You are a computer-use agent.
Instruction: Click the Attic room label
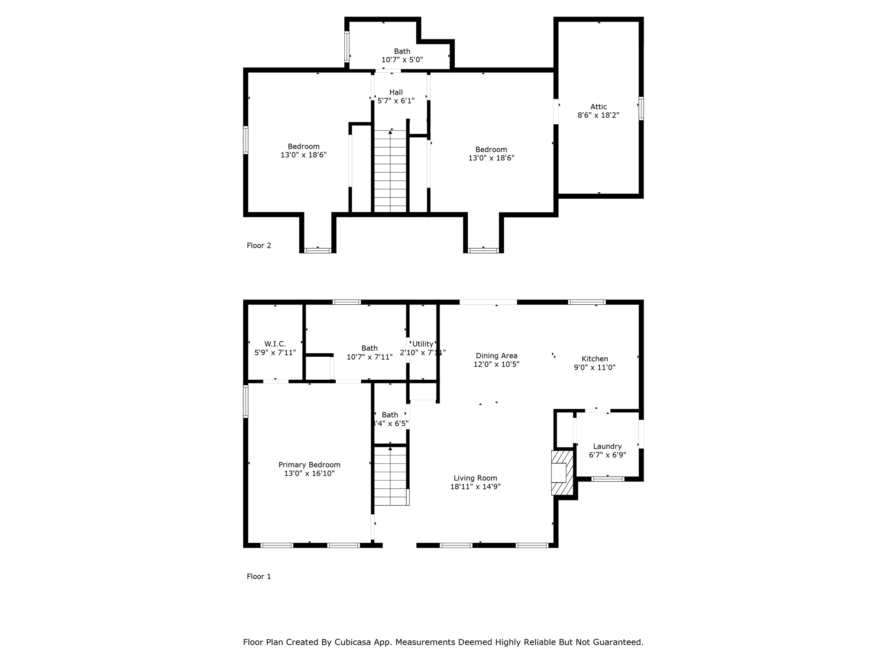(x=598, y=107)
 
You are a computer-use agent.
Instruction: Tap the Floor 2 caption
(x=259, y=245)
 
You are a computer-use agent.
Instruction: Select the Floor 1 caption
(x=259, y=576)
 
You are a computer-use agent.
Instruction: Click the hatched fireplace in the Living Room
(x=562, y=473)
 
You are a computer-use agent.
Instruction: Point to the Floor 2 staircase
(x=390, y=171)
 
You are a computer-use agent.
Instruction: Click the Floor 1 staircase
(x=390, y=476)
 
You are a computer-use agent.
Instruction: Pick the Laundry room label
(x=607, y=446)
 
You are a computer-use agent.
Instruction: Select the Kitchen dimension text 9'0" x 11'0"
(x=594, y=367)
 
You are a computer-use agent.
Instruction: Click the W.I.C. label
(x=275, y=344)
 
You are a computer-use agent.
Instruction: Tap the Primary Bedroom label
(x=309, y=465)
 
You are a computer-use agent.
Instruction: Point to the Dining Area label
(x=496, y=355)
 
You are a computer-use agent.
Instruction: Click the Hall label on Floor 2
(x=396, y=92)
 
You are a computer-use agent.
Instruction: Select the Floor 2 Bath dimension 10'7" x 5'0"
(x=402, y=60)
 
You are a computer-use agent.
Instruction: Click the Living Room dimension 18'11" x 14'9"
(x=475, y=487)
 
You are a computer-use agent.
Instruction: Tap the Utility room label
(x=423, y=344)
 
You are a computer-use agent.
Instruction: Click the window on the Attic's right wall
(x=641, y=108)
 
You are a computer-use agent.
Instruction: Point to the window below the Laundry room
(x=608, y=479)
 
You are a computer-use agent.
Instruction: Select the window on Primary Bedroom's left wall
(x=246, y=401)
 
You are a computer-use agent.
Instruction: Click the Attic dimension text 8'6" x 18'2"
(x=598, y=115)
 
